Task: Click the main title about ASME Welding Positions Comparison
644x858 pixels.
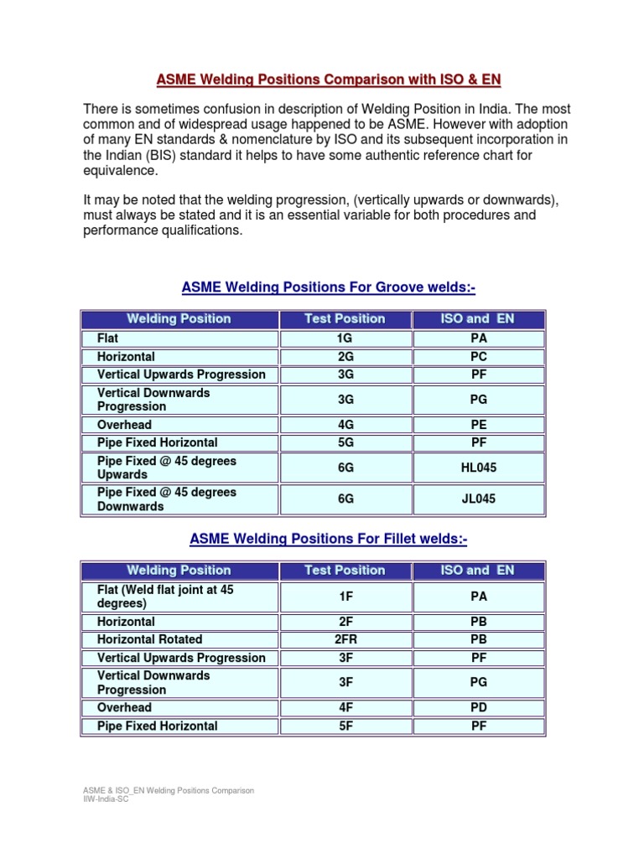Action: [x=329, y=80]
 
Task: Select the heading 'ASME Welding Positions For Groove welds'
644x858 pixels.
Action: [x=329, y=288]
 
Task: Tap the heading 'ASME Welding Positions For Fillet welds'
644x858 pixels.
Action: [x=329, y=540]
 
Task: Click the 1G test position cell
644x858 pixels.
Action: [x=345, y=339]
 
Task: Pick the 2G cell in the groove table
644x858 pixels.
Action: [x=345, y=356]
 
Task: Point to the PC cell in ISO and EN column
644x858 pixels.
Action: [x=478, y=356]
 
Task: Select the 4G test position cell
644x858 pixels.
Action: [x=345, y=425]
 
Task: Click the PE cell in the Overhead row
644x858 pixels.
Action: [x=478, y=425]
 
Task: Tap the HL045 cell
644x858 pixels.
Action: [x=478, y=468]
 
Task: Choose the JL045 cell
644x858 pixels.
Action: [x=478, y=499]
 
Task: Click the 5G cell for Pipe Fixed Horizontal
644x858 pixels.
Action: [x=345, y=442]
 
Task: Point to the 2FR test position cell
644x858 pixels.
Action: [x=345, y=639]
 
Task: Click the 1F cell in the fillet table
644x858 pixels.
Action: [x=345, y=597]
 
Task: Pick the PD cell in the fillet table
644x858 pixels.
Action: [x=478, y=708]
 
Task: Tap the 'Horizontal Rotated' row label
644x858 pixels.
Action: [x=151, y=639]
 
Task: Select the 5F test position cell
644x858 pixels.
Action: [x=345, y=726]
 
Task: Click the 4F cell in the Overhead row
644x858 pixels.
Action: [x=345, y=708]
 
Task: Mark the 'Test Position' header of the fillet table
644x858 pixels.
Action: [x=345, y=570]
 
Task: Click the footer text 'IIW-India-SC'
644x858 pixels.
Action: [x=105, y=799]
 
